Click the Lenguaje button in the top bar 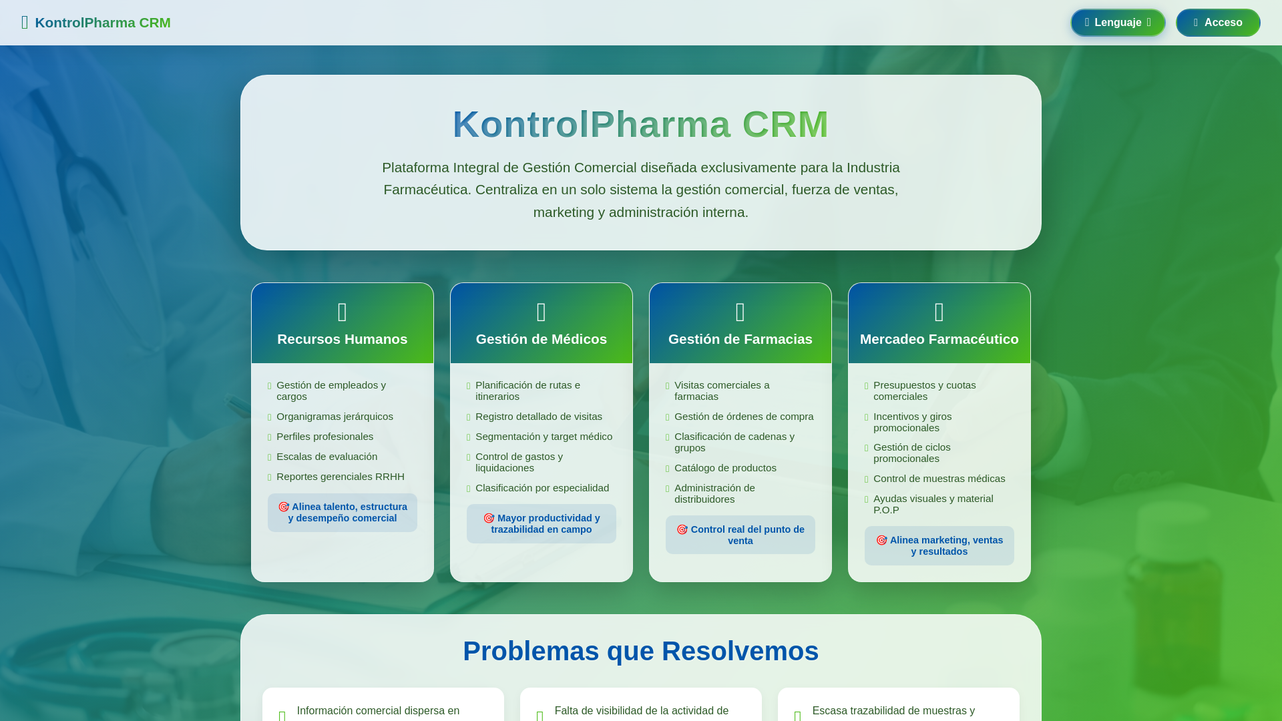pyautogui.click(x=1118, y=23)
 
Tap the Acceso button pyautogui.click(x=1217, y=23)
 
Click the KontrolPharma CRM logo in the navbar pyautogui.click(x=97, y=23)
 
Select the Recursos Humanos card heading pyautogui.click(x=342, y=339)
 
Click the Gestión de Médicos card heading pyautogui.click(x=541, y=339)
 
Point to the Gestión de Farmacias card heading pyautogui.click(x=740, y=339)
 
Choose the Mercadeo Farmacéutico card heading pyautogui.click(x=939, y=339)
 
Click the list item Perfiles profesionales pyautogui.click(x=325, y=437)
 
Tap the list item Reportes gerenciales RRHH pyautogui.click(x=340, y=477)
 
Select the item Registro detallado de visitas pyautogui.click(x=538, y=417)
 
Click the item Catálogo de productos pyautogui.click(x=725, y=468)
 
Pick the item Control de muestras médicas pyautogui.click(x=939, y=479)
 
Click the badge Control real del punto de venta pyautogui.click(x=740, y=535)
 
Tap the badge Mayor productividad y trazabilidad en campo pyautogui.click(x=541, y=523)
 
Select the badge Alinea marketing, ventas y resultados pyautogui.click(x=939, y=545)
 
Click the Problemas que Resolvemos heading pyautogui.click(x=640, y=651)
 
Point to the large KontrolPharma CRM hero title pyautogui.click(x=640, y=124)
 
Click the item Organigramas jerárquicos pyautogui.click(x=335, y=417)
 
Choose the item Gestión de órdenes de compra pyautogui.click(x=743, y=417)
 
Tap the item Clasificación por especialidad pyautogui.click(x=542, y=488)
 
